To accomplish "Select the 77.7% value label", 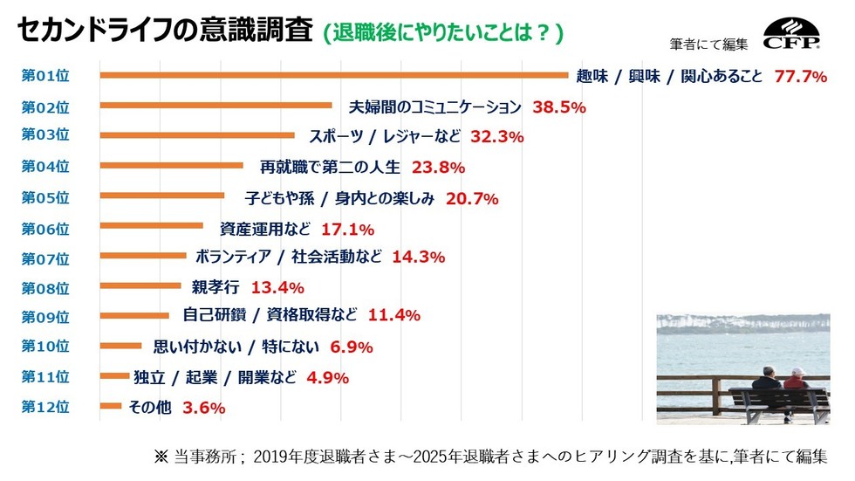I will (800, 77).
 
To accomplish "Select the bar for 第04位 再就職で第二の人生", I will (172, 165).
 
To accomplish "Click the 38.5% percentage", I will (557, 107).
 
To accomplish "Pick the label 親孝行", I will (216, 286).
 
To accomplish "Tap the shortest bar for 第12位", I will (111, 406).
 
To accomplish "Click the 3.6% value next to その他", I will (204, 407).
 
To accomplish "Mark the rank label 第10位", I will (44, 346).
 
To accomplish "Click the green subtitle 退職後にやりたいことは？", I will (442, 33).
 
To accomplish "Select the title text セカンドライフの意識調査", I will (164, 31).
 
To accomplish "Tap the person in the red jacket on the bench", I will (795, 381).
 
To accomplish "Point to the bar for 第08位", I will (140, 285).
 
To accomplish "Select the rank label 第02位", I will (44, 106).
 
